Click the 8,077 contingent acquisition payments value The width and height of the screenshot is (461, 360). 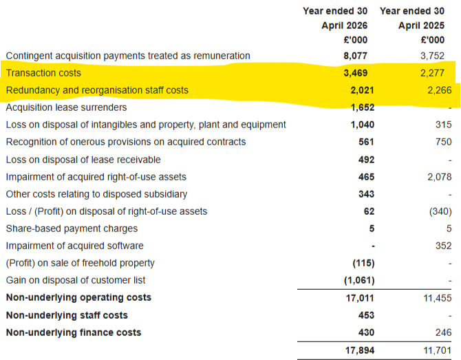356,56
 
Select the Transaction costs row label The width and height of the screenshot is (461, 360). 43,73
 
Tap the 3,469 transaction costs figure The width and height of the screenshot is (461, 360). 356,73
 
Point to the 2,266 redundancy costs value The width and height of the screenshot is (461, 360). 440,90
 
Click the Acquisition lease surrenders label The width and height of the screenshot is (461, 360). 67,107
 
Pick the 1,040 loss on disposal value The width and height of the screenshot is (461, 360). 363,125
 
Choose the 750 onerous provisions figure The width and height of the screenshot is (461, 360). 444,142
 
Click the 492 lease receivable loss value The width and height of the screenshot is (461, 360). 366,160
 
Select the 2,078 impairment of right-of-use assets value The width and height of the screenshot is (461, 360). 440,177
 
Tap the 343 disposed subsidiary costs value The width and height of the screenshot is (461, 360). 366,194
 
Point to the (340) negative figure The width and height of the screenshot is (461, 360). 440,211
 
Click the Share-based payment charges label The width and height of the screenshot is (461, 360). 72,229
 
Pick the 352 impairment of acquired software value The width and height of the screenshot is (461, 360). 444,246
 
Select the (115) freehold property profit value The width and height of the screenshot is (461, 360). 363,263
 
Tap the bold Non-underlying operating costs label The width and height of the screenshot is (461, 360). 79,297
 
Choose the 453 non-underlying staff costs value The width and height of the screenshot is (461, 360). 366,315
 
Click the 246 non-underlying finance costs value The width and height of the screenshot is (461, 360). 444,332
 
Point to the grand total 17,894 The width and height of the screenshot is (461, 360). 360,350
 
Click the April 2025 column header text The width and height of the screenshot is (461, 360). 421,25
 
